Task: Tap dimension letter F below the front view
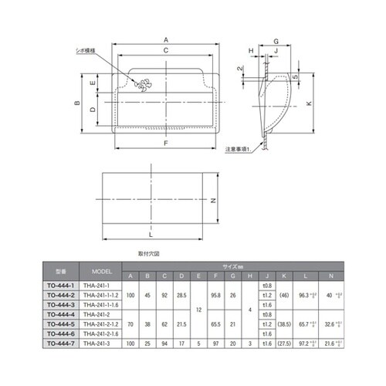pyautogui.click(x=165, y=144)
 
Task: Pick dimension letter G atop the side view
pyautogui.click(x=275, y=38)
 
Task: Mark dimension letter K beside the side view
pyautogui.click(x=309, y=103)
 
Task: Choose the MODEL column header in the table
pyautogui.click(x=102, y=273)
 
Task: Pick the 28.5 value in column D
pyautogui.click(x=181, y=295)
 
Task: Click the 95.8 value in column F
pyautogui.click(x=216, y=295)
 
